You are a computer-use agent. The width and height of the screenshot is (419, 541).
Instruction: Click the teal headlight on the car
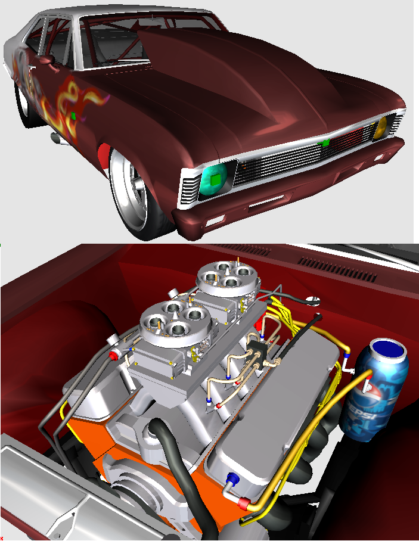pos(214,180)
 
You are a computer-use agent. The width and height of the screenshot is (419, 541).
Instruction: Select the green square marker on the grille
pos(325,142)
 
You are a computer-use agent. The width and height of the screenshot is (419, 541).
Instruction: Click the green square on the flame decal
pos(73,116)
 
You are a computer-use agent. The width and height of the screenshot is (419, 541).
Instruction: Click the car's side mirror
pos(46,60)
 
